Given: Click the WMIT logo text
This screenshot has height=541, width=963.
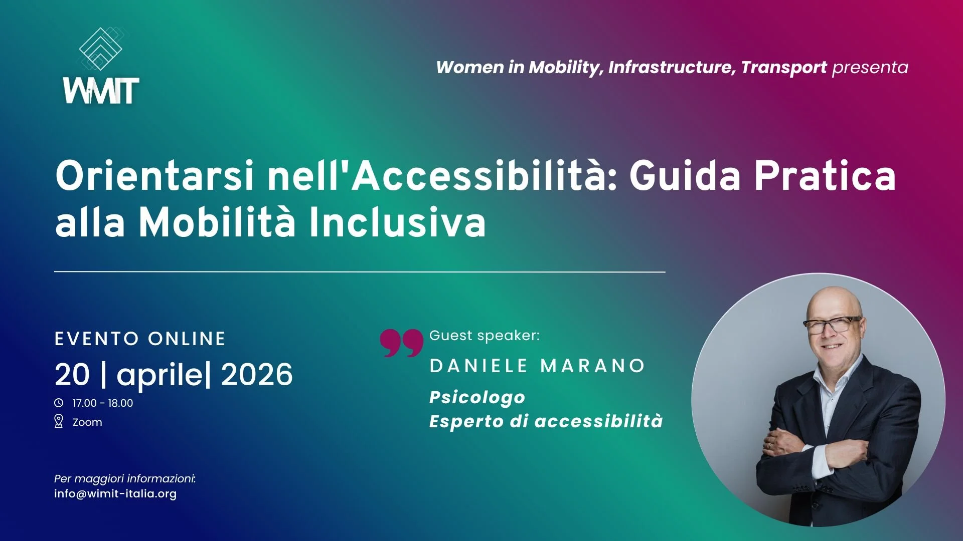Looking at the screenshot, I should [101, 91].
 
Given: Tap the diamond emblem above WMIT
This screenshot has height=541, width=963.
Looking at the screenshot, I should [101, 49].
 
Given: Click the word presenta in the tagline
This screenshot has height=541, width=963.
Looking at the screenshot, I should [870, 67].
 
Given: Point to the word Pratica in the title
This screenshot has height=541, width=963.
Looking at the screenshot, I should [825, 176].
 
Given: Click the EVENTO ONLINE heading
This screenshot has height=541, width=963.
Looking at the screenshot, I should [140, 339].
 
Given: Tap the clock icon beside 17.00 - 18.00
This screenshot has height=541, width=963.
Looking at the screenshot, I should [59, 403].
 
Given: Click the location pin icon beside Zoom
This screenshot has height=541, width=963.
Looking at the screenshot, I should [59, 421].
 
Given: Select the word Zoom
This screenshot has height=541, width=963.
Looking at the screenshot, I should [87, 422].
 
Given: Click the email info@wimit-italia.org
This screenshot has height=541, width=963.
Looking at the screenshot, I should [115, 493].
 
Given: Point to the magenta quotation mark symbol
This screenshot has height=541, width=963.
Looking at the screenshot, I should [401, 343].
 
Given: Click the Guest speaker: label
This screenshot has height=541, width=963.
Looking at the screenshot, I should [485, 335].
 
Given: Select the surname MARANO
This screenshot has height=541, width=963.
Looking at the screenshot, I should [592, 366].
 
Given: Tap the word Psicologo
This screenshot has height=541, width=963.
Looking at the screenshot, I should [477, 397].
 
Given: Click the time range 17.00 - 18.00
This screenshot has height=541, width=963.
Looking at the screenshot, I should [103, 403].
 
